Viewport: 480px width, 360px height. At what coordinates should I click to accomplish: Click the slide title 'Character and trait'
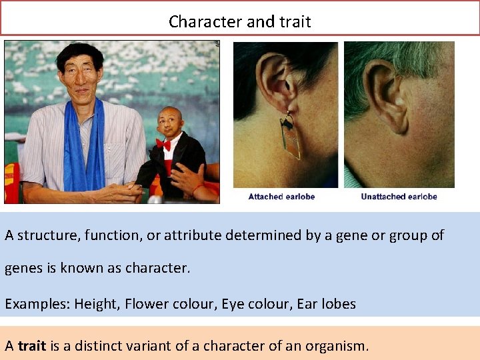pyautogui.click(x=239, y=21)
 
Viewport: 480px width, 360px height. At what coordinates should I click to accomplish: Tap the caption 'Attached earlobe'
pyautogui.click(x=281, y=197)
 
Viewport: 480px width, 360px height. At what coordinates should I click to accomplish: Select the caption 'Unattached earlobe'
pyautogui.click(x=399, y=197)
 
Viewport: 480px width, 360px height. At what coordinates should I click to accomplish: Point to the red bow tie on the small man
pyautogui.click(x=163, y=144)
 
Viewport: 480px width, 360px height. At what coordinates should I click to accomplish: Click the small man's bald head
pyautogui.click(x=171, y=116)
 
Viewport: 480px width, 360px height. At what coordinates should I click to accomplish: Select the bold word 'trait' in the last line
pyautogui.click(x=32, y=346)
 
